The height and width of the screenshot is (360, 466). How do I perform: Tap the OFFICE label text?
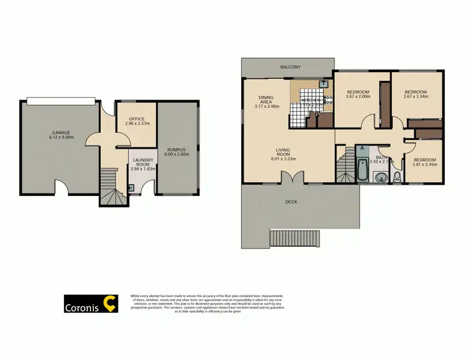pyautogui.click(x=136, y=119)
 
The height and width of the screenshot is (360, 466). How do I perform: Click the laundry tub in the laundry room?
pyautogui.click(x=130, y=188)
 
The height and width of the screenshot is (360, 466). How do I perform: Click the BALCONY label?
pyautogui.click(x=290, y=67)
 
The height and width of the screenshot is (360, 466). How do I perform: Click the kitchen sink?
pyautogui.click(x=323, y=83)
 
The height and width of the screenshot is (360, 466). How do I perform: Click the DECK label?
pyautogui.click(x=291, y=201)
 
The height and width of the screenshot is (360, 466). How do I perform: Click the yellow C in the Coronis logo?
pyautogui.click(x=110, y=302)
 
